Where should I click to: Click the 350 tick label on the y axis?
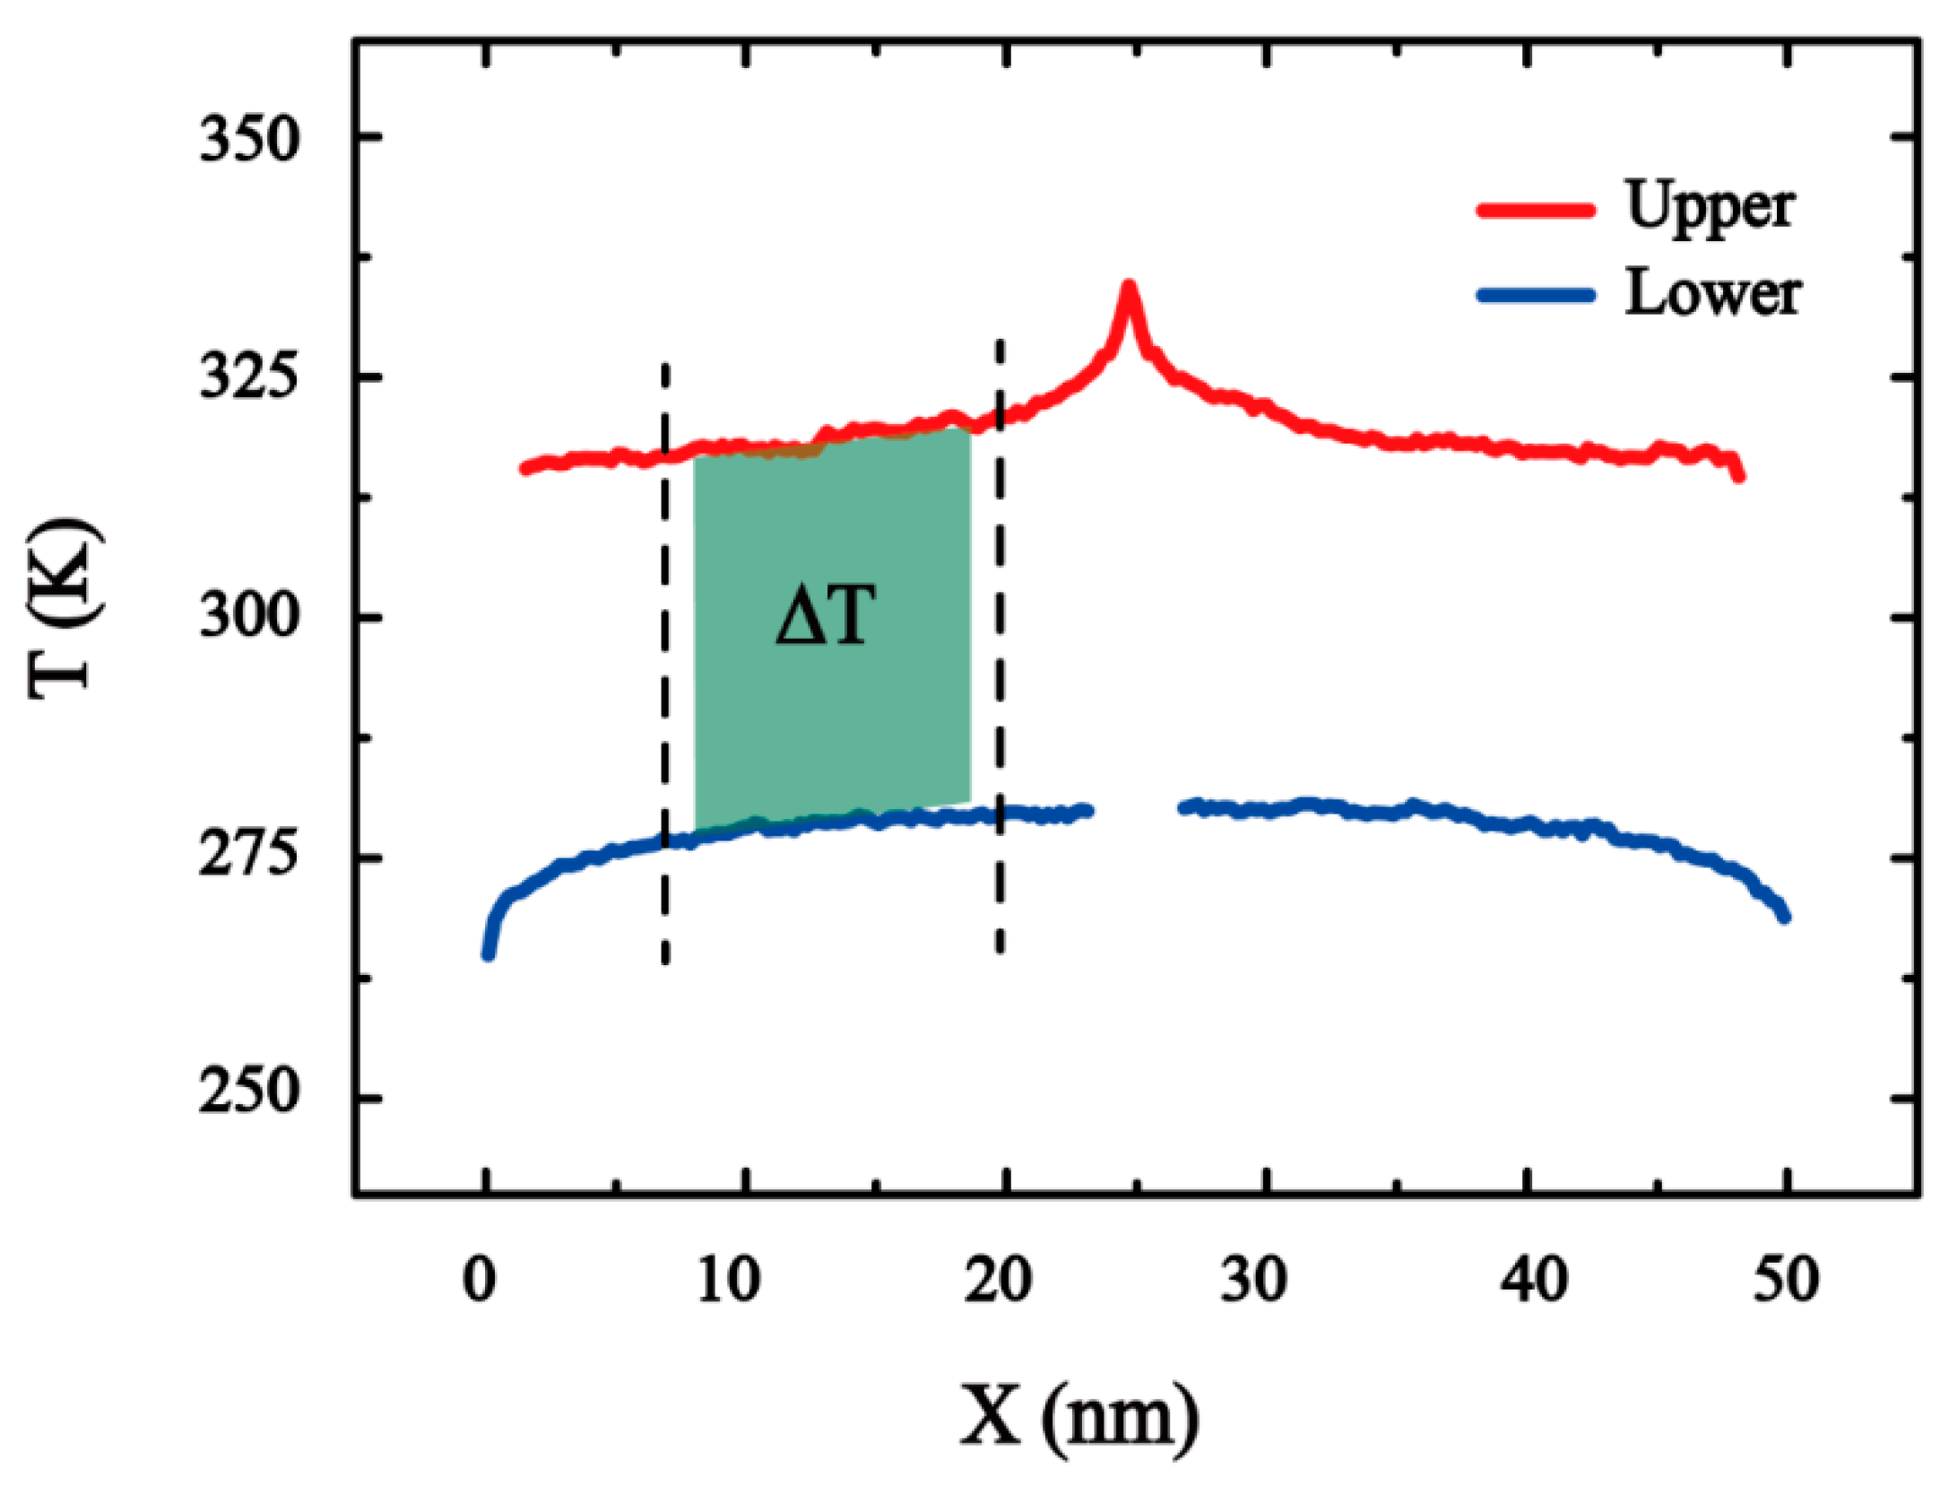247,140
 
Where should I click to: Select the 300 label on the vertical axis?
247,617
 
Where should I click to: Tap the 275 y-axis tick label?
247,858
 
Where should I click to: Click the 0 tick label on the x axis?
480,1282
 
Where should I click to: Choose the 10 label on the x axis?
729,1282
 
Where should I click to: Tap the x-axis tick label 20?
998,1282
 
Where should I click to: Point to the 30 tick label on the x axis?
1254,1282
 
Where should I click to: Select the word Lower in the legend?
1712,294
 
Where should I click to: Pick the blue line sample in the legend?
1537,295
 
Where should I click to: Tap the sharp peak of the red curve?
1129,287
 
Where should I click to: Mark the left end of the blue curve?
489,955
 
